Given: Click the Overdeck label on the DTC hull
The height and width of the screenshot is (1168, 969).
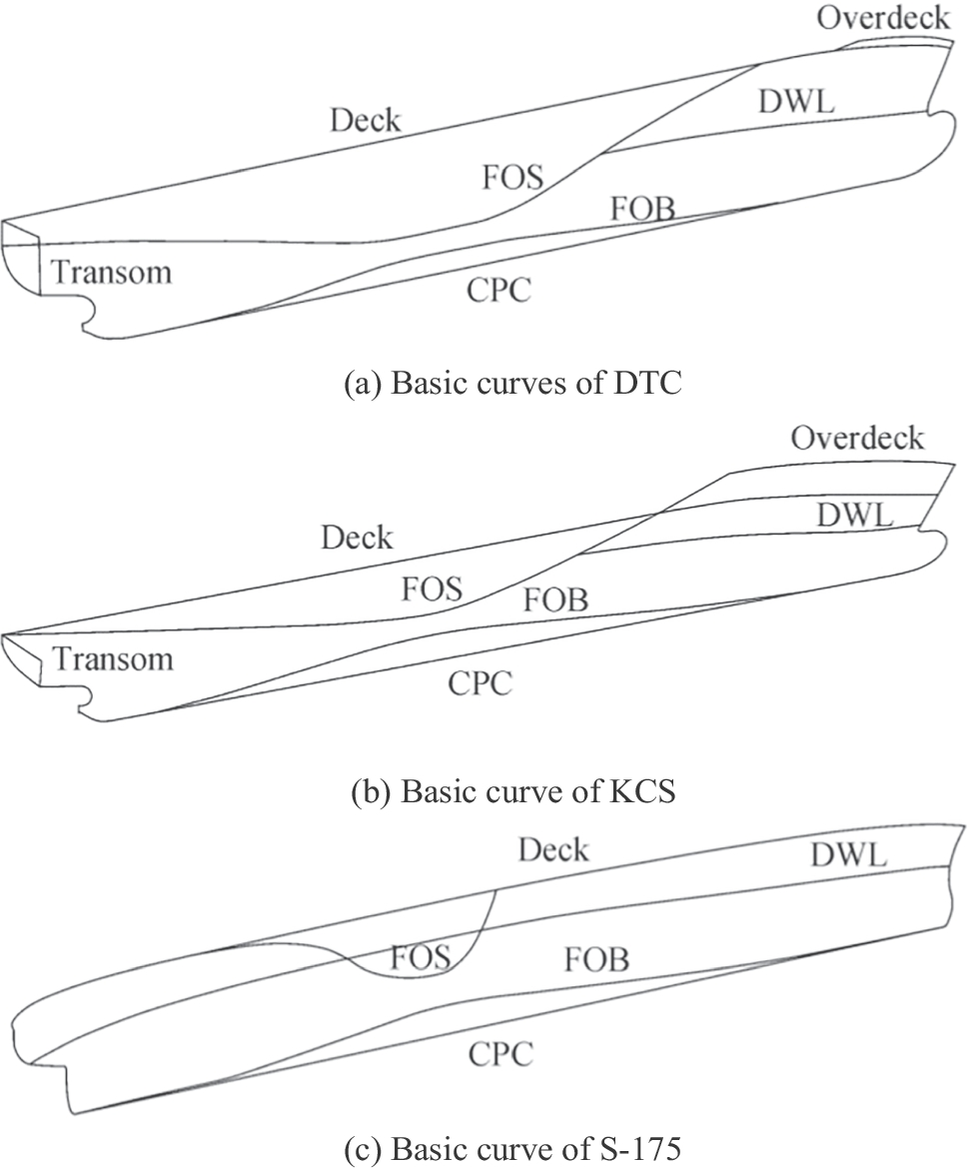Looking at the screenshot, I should [x=882, y=18].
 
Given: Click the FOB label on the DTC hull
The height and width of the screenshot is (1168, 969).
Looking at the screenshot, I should [x=642, y=210].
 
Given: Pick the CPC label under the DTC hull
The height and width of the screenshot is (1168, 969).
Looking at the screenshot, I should [x=498, y=291].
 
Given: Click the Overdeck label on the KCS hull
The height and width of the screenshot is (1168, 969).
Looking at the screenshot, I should [x=857, y=438].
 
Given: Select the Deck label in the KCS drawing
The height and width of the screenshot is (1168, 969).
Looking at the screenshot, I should [x=357, y=538].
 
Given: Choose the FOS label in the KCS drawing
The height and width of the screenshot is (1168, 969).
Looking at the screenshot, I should [x=432, y=589].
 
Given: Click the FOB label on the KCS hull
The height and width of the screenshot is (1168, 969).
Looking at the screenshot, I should [x=555, y=599].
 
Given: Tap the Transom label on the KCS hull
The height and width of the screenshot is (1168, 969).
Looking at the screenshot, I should [x=112, y=658].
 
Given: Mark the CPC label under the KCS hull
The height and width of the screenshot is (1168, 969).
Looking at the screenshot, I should [x=480, y=683].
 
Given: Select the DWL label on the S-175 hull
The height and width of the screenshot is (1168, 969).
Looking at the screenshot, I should [x=849, y=854].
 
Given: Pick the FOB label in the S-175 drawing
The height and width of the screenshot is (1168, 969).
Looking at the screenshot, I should [x=596, y=960].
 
